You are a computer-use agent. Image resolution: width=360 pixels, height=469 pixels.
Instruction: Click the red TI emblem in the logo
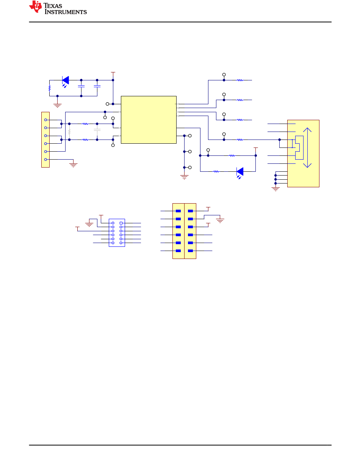(35, 7)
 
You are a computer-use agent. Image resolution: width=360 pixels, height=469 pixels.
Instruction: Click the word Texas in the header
(53, 6)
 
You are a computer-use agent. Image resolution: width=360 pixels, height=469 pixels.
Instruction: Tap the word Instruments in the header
(66, 12)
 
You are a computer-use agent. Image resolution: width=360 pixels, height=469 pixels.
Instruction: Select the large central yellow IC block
(149, 120)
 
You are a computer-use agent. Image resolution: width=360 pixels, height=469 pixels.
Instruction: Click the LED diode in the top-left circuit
(66, 80)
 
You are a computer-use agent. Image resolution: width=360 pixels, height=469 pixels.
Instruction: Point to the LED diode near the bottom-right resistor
(240, 172)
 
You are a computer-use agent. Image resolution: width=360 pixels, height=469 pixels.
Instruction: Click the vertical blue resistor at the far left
(49, 88)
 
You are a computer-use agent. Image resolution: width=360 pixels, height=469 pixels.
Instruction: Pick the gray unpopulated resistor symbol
(69, 132)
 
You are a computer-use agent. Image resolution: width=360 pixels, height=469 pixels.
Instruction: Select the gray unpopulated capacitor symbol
(97, 130)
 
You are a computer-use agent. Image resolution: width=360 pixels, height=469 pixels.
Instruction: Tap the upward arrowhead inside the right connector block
(307, 130)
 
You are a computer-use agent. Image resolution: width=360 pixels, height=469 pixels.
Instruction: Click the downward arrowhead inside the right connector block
(307, 166)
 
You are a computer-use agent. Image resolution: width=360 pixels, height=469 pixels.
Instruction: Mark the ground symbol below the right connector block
(275, 189)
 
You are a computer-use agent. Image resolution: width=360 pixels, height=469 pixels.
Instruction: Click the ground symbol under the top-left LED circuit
(57, 106)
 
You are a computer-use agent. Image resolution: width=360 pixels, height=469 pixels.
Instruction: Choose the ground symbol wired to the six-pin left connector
(74, 165)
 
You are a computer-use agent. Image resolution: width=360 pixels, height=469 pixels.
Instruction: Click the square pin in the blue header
(121, 223)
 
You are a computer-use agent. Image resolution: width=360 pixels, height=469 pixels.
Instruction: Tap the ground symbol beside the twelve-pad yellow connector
(220, 221)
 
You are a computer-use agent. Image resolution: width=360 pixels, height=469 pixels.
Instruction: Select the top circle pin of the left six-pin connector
(45, 120)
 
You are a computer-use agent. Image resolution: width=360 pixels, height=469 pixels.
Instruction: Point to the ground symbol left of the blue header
(89, 224)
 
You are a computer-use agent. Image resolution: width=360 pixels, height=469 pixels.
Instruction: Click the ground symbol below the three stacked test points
(184, 177)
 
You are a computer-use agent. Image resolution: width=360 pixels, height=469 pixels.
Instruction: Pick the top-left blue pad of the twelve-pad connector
(178, 211)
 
